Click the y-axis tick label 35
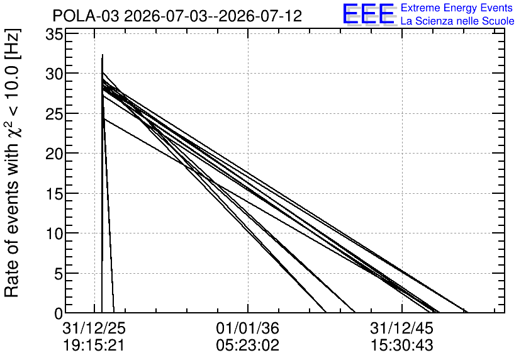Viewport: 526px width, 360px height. point(54,35)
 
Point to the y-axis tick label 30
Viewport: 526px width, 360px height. point(54,74)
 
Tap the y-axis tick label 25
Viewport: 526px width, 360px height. point(54,113)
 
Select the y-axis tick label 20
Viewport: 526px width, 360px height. point(54,154)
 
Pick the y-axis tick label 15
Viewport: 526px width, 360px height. point(54,193)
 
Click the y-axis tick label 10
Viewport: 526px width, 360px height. point(54,233)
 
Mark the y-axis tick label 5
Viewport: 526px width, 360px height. point(59,273)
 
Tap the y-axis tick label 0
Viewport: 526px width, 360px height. point(59,313)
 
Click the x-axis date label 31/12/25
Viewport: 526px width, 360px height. point(94,329)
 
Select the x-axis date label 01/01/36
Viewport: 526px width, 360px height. point(247,329)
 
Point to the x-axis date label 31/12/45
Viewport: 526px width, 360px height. point(402,329)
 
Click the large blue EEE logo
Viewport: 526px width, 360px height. point(369,14)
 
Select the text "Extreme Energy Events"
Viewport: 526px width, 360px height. point(457,8)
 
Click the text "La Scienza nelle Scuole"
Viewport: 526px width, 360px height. point(457,21)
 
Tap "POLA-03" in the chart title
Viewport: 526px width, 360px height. point(86,16)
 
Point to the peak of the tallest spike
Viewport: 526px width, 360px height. point(103,54)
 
